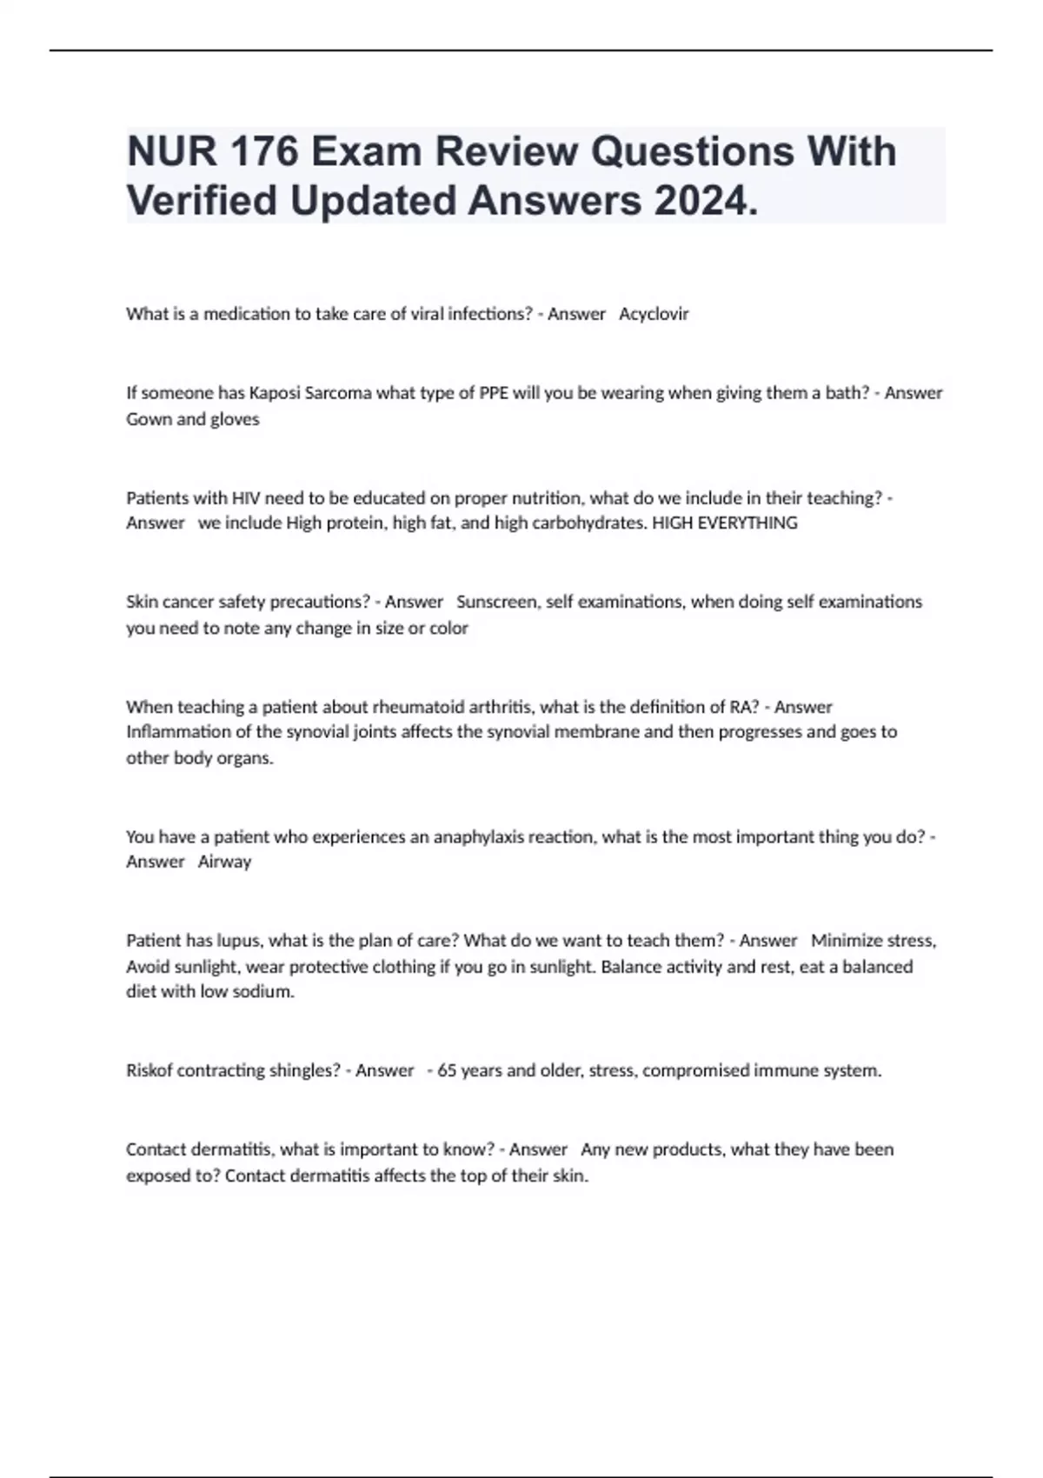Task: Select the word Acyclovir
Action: point(654,314)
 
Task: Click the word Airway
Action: point(224,862)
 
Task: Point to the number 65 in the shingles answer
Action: point(447,1071)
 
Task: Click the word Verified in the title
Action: point(203,202)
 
